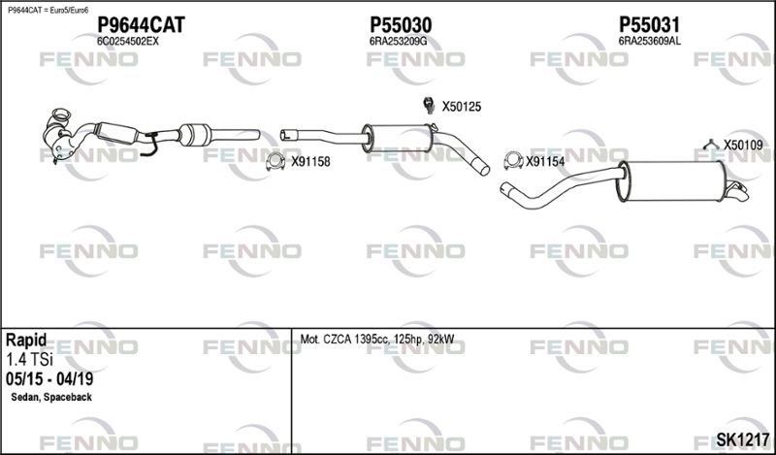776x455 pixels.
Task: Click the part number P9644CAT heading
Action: [141, 24]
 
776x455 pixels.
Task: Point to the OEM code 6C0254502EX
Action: [128, 42]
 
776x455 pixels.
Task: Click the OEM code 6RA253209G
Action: [399, 42]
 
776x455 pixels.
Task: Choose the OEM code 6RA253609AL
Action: [649, 42]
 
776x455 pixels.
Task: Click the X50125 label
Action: [462, 106]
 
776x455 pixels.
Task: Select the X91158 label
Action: [311, 162]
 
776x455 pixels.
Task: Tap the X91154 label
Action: [545, 162]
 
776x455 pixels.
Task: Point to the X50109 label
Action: [744, 146]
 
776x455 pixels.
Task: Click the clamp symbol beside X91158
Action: [276, 161]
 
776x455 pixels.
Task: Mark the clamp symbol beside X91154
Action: [511, 160]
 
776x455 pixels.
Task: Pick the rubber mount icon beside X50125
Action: [427, 105]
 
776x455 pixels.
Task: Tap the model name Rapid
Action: [26, 341]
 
